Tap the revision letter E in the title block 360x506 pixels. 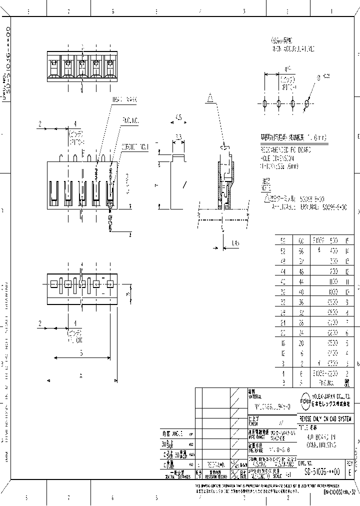[x=349, y=471]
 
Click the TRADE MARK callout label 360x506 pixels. [x=124, y=99]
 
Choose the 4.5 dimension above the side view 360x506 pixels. [x=178, y=118]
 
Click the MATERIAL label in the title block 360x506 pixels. [x=254, y=395]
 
